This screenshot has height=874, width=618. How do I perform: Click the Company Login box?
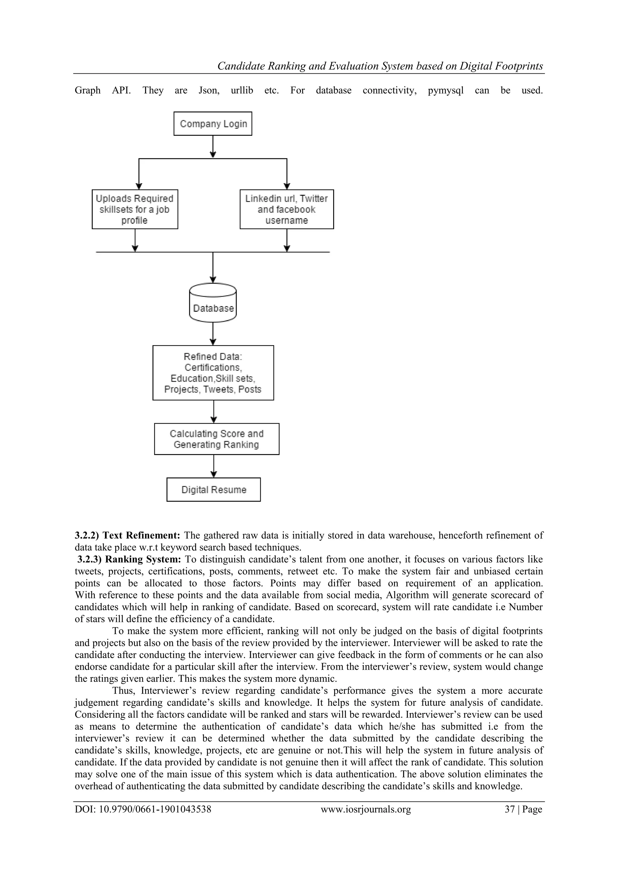(x=212, y=124)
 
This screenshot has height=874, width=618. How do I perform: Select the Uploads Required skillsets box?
(x=135, y=209)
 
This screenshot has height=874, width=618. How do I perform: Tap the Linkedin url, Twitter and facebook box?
(x=286, y=209)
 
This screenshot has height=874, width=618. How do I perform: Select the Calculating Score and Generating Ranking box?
(x=216, y=439)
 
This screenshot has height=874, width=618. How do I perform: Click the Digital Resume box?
(x=213, y=490)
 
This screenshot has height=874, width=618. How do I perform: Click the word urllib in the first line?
(x=242, y=91)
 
